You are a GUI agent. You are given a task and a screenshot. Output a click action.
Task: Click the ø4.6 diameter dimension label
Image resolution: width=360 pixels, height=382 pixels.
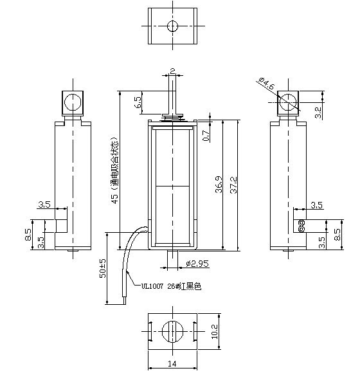[x=267, y=84]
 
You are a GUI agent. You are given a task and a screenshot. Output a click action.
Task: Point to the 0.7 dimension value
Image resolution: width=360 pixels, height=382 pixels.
[x=206, y=135]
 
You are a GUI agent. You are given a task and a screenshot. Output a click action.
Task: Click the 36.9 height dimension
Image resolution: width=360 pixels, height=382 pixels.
[x=219, y=185]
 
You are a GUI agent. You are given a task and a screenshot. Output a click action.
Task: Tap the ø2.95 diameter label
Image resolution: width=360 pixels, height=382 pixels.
[x=197, y=264]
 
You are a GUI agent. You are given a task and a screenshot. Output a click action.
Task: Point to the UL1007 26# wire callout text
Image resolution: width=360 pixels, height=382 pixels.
[x=166, y=287]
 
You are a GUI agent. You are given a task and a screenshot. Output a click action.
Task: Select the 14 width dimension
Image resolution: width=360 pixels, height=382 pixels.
[x=172, y=364]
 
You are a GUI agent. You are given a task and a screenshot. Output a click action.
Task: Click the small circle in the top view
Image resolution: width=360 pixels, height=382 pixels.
[x=172, y=26]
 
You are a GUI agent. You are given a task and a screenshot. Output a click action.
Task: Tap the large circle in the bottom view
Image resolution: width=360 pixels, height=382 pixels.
[x=172, y=332]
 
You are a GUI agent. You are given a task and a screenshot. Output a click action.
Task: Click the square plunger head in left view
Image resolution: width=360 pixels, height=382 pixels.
[x=73, y=102]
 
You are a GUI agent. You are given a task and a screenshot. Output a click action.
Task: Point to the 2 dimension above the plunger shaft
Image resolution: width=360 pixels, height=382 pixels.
[x=172, y=69]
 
